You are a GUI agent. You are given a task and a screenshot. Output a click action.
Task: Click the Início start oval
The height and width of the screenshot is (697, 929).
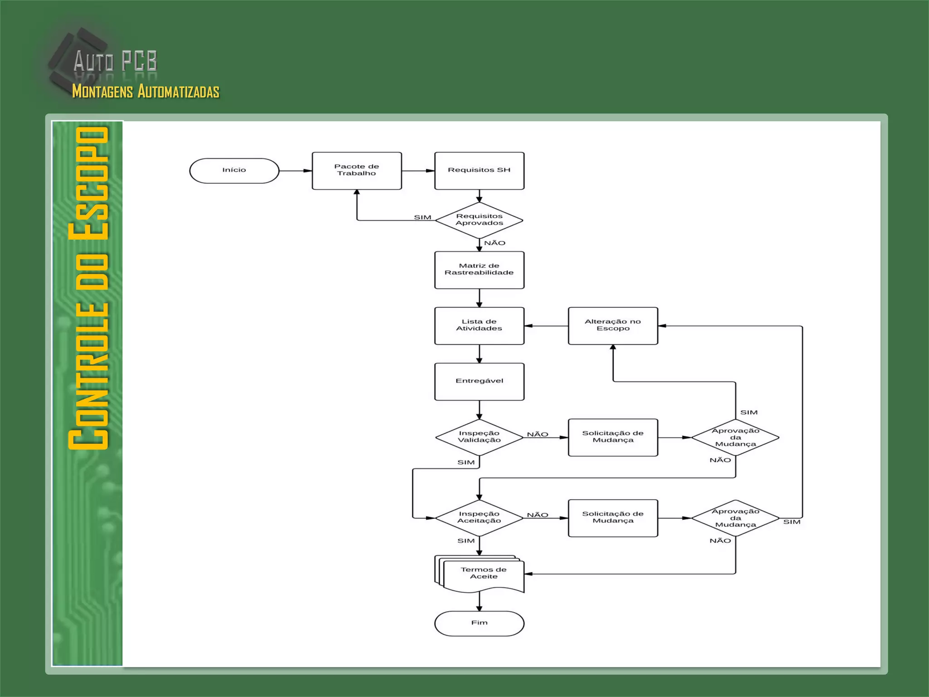click(234, 171)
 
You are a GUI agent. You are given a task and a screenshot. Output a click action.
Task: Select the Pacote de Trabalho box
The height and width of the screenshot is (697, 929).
click(357, 171)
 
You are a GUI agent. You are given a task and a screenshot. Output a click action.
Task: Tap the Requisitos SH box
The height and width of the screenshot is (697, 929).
click(479, 171)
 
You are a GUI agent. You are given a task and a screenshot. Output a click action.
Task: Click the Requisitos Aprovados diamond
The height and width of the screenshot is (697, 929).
click(479, 220)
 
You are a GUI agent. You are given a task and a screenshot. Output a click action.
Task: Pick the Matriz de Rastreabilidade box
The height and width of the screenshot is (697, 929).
click(479, 270)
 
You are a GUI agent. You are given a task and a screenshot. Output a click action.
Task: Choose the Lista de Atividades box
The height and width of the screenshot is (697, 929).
click(479, 326)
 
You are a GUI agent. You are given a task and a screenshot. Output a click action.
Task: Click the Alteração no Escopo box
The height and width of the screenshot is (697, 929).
click(613, 326)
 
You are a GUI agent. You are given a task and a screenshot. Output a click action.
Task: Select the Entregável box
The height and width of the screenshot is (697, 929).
click(479, 382)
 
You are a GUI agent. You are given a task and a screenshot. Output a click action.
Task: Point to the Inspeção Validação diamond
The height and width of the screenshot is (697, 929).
click(479, 437)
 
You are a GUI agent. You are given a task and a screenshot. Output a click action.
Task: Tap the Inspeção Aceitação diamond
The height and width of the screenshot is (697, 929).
click(479, 518)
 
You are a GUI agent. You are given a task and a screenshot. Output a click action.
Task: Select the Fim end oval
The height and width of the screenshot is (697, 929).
click(479, 623)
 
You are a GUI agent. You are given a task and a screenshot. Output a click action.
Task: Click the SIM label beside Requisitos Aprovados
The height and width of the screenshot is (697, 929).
click(422, 217)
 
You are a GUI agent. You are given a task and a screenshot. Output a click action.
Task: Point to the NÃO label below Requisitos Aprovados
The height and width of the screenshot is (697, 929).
click(494, 243)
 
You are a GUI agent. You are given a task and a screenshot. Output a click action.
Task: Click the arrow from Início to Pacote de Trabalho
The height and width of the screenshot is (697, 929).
click(295, 171)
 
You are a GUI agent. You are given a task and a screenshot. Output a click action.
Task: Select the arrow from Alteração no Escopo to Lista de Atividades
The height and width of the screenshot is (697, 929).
click(546, 326)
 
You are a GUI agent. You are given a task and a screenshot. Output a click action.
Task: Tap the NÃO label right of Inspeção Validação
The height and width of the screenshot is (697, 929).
click(538, 435)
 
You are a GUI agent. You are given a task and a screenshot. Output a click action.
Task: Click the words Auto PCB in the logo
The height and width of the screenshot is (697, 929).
click(115, 61)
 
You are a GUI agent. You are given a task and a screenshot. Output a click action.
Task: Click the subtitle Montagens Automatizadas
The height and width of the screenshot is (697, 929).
click(146, 91)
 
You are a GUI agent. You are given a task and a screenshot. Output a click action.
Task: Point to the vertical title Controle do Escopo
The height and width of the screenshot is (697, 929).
click(88, 288)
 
